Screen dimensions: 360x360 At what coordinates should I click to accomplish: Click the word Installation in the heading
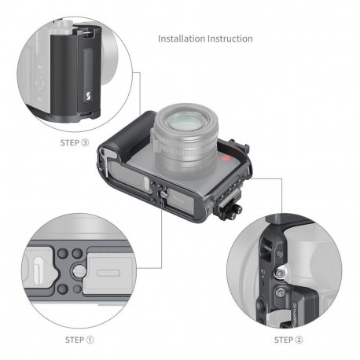click(x=182, y=39)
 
